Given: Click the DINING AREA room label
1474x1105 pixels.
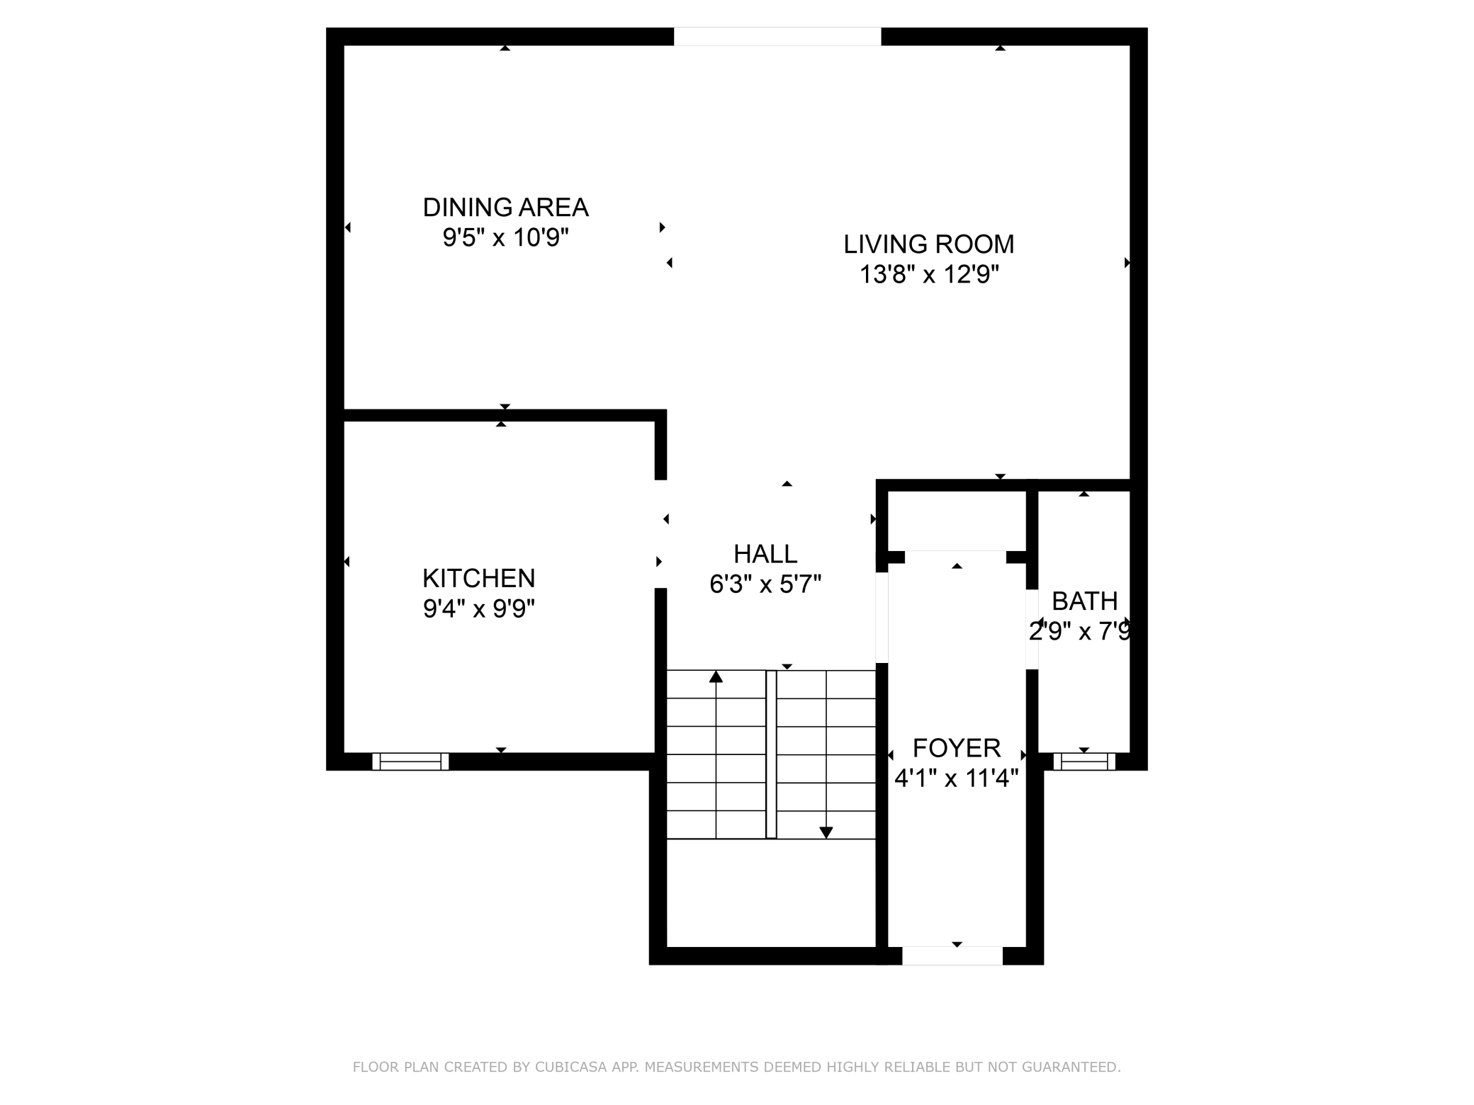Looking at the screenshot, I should pos(505,208).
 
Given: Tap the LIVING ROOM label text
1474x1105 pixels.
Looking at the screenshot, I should pos(928,244).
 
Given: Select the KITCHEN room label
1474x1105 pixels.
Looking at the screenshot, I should pos(478,579).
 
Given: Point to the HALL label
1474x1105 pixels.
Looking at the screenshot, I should pos(765,554).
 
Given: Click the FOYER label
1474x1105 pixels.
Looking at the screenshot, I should pos(956,748).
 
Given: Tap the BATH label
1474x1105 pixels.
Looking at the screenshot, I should pos(1084,601).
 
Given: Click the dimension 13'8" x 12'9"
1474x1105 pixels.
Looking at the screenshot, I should pos(929,275).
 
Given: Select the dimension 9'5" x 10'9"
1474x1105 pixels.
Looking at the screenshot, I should pos(505,238).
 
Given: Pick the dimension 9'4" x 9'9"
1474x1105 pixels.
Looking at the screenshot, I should pos(478,609).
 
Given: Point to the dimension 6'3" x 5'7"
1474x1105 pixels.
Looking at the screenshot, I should pos(765,585).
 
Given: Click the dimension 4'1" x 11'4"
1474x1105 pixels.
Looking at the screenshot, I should pos(956,779).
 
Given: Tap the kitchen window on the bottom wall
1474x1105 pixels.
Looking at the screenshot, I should pos(410,761).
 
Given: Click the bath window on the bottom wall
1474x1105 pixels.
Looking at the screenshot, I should pos(1084,761).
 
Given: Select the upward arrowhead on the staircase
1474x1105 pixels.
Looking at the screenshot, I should pos(716,677).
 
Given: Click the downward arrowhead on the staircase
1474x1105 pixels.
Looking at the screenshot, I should pos(826,832).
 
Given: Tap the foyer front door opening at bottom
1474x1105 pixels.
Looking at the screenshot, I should pos(952,956).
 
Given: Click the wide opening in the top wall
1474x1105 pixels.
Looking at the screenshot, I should pos(777,36).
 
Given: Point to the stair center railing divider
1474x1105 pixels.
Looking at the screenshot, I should pos(771,754).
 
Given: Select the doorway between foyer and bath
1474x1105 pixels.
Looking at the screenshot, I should pos(1033,629).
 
